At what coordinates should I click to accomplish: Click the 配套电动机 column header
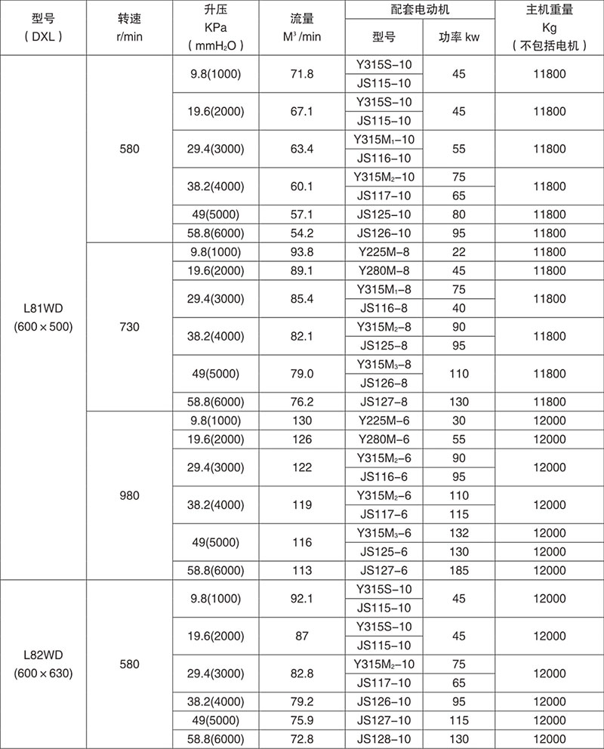coord(421,11)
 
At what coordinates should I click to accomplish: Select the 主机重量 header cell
coord(549,11)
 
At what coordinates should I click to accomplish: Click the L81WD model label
coord(43,310)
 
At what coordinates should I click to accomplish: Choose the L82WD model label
coord(43,655)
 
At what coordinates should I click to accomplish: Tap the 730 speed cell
coord(129,327)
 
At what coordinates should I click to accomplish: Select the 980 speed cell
coord(129,496)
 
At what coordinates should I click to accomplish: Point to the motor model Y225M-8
coord(385,251)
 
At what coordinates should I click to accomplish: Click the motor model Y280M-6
coord(385,439)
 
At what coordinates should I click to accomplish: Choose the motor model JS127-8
coord(385,402)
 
